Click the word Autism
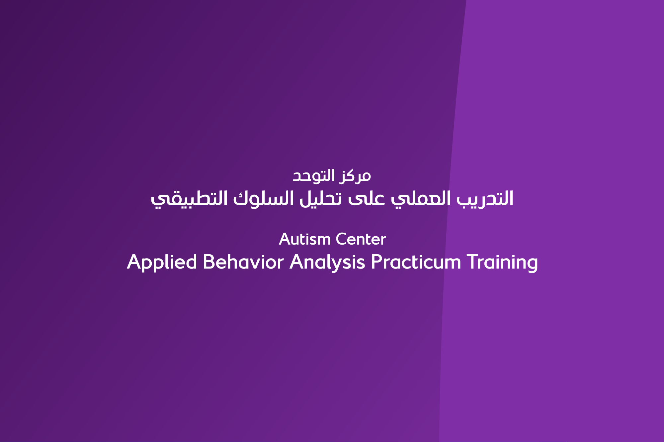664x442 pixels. click(305, 239)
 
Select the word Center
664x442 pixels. click(361, 239)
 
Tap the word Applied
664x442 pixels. click(162, 263)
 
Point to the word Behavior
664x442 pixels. click(243, 262)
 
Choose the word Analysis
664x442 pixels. click(327, 263)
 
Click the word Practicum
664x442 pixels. click(416, 262)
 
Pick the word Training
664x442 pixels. click(502, 263)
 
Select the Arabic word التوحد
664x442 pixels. click(313, 175)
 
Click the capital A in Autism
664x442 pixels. click(285, 239)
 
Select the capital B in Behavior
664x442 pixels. click(209, 262)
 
